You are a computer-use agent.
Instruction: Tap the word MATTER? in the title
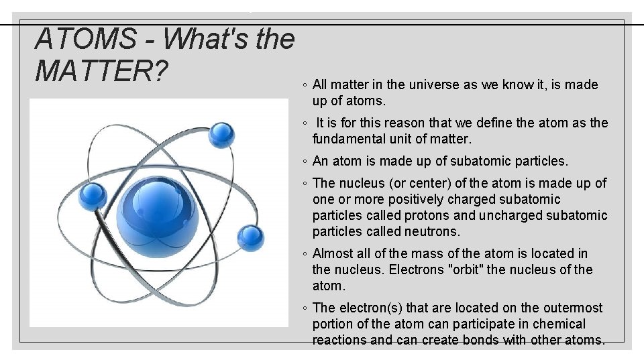101,72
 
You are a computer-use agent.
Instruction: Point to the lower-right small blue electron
251,236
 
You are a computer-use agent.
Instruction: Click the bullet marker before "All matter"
305,86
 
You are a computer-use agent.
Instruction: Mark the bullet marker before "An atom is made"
305,162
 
